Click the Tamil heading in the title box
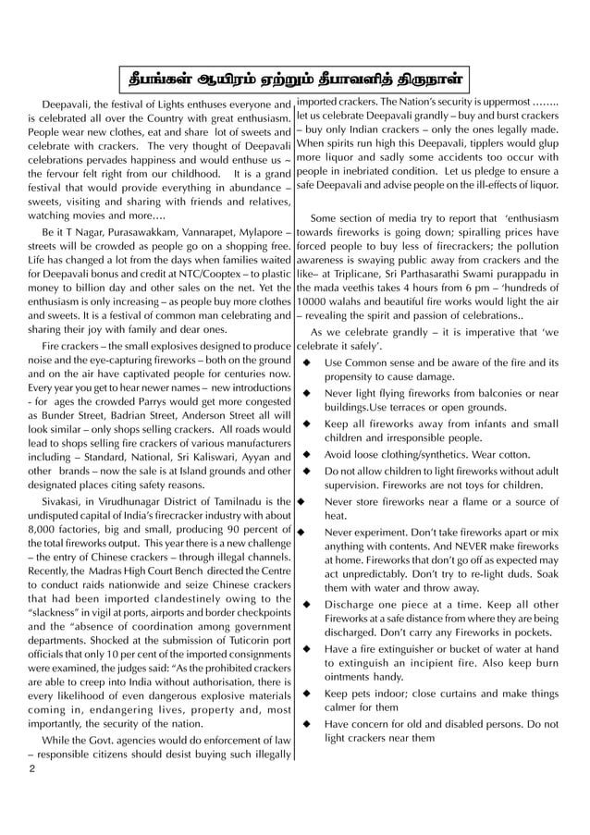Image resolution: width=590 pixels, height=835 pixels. coord(295,75)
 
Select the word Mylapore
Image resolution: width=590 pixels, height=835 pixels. coord(260,227)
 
